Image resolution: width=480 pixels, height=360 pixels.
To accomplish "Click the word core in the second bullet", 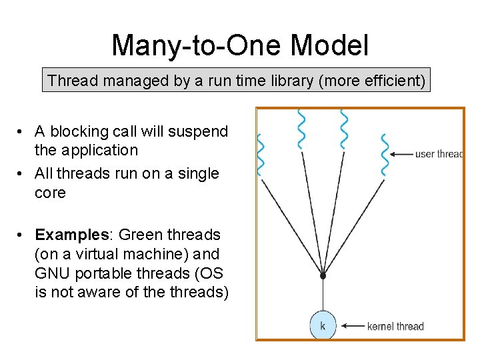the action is click(x=50, y=193).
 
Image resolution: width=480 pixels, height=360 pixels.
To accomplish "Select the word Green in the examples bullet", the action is click(x=143, y=235).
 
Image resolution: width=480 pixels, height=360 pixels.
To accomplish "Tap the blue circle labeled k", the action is click(x=323, y=326).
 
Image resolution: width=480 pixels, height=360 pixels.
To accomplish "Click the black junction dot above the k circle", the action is click(x=323, y=275).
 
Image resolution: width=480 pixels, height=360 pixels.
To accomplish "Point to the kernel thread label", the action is click(x=395, y=326).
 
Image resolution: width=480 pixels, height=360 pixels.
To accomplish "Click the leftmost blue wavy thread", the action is click(x=261, y=155).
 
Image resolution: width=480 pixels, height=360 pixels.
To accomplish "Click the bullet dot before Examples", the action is click(x=22, y=235).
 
